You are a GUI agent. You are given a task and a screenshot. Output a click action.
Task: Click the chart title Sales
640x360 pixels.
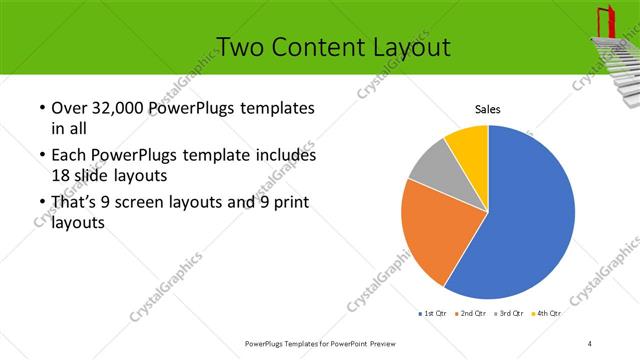(487, 110)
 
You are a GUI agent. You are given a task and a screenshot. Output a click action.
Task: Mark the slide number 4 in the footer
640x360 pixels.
(590, 344)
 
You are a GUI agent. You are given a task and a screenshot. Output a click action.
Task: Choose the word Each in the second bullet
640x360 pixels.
(68, 156)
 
